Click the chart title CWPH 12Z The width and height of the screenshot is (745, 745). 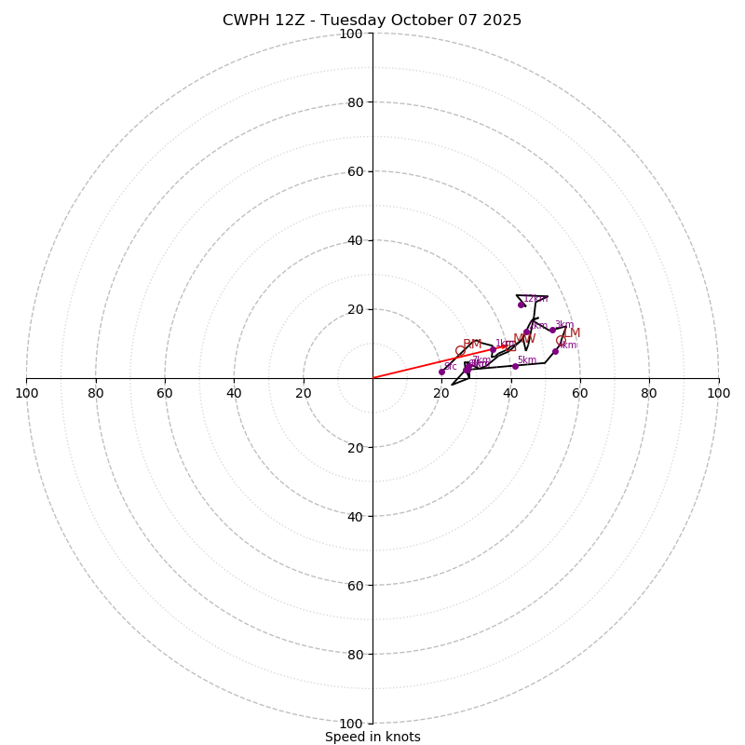372,20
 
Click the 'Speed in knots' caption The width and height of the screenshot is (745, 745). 372,737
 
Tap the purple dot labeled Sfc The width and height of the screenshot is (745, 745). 441,372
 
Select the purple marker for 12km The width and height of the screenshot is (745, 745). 521,305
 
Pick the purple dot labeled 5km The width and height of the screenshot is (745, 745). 515,366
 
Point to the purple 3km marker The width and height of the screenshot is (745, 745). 552,330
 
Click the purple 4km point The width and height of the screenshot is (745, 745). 555,351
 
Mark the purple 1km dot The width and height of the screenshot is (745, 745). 494,350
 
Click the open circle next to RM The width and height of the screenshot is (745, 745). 460,351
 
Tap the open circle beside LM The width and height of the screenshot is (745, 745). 561,341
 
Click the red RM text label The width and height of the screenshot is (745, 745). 472,345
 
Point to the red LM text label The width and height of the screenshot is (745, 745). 572,333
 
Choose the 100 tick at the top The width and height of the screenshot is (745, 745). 351,34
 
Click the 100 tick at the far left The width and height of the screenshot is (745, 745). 26,393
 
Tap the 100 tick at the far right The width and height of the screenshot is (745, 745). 718,393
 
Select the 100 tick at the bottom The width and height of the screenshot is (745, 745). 351,724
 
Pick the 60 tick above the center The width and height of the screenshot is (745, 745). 355,171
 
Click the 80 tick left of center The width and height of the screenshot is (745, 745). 96,393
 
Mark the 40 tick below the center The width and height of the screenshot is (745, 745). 355,516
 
